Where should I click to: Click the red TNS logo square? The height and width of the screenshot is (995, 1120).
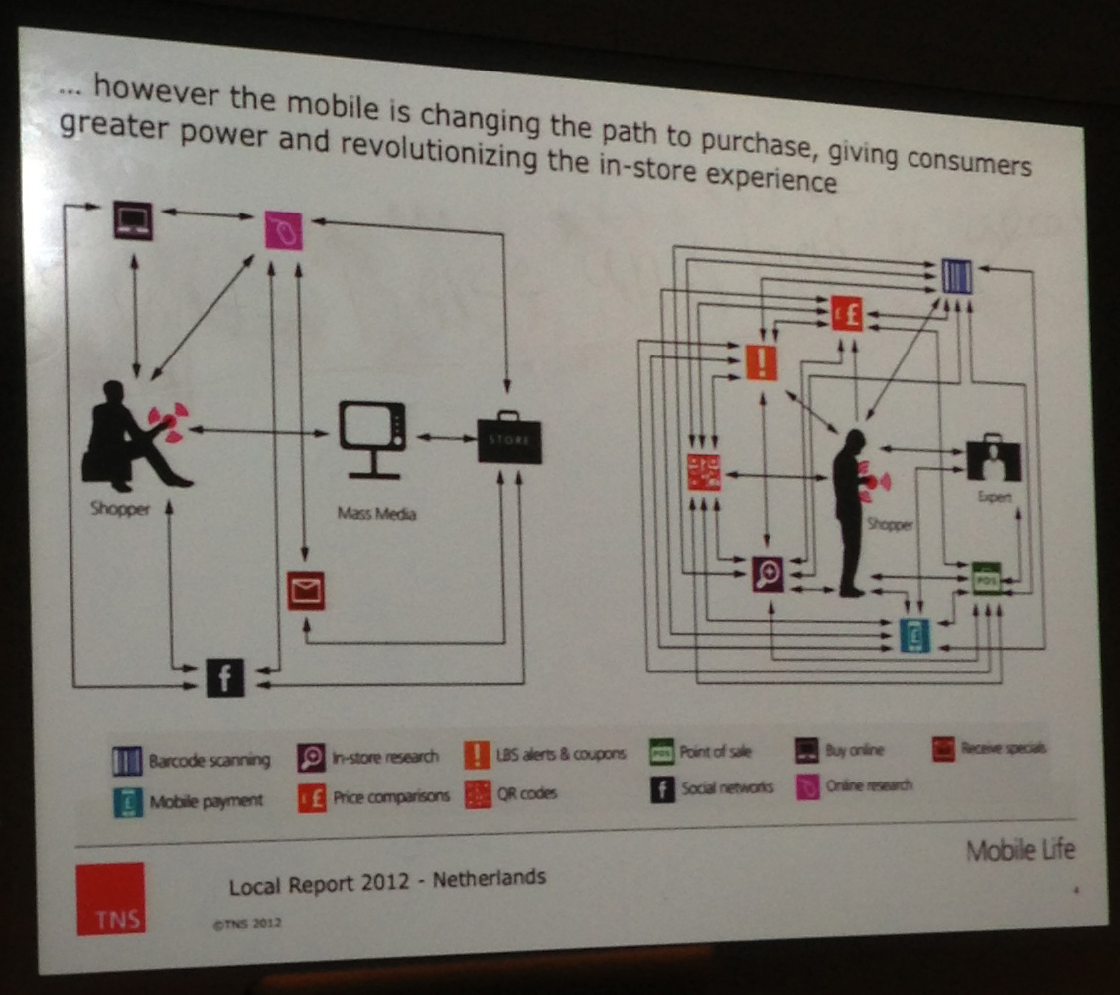110,899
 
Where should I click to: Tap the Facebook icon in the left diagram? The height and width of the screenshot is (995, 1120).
224,678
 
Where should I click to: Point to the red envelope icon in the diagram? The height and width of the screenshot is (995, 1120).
306,591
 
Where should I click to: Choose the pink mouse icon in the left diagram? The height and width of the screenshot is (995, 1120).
283,231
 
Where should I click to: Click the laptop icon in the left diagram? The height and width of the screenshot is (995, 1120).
131,218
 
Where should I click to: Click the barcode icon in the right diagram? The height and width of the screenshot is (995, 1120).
956,275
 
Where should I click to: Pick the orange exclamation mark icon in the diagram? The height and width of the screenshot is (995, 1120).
762,362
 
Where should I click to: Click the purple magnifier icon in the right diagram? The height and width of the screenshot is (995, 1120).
768,573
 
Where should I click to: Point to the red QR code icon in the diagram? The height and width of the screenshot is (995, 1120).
703,472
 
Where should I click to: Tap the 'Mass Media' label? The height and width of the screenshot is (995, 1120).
375,514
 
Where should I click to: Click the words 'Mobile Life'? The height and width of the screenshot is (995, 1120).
1020,850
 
